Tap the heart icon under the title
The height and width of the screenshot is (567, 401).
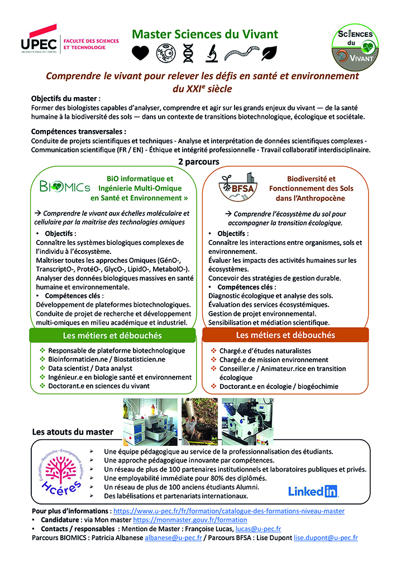pyautogui.click(x=141, y=52)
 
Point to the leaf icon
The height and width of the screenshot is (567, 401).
pyautogui.click(x=270, y=52)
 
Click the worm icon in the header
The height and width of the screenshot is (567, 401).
pyautogui.click(x=241, y=52)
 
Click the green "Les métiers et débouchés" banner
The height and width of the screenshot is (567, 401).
pyautogui.click(x=113, y=335)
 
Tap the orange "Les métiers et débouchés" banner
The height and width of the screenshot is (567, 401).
pyautogui.click(x=285, y=335)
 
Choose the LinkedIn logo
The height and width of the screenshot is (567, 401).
pyautogui.click(x=313, y=491)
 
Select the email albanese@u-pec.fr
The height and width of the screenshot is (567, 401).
pyautogui.click(x=174, y=537)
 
